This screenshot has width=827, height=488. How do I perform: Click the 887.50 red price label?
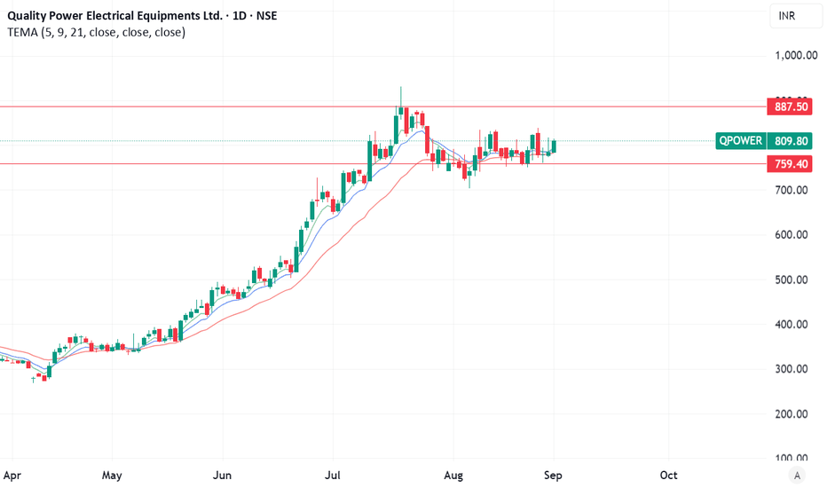point(791,106)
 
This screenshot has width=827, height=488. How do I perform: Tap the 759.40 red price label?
point(791,164)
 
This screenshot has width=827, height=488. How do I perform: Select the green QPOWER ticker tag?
point(741,140)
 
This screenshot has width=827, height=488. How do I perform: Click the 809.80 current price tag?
point(791,140)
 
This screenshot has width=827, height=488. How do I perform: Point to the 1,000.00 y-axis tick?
point(795,55)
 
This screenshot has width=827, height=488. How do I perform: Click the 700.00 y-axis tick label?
point(791,191)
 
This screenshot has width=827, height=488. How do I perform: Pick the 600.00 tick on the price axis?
point(791,235)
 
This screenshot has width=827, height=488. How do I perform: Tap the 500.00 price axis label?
point(791,279)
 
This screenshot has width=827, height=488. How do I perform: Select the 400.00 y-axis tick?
point(791,325)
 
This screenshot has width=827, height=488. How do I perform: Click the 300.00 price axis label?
point(791,369)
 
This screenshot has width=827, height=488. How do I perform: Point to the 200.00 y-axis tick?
point(791,414)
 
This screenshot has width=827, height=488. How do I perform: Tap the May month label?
point(111,475)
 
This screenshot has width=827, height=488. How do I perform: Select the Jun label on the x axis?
point(223,475)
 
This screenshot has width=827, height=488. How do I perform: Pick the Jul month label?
point(334,475)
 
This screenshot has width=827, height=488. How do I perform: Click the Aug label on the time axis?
point(453,475)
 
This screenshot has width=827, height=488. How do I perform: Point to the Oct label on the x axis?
point(668,475)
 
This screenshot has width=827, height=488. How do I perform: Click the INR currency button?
point(787,16)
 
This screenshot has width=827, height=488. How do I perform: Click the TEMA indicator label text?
point(97,32)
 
